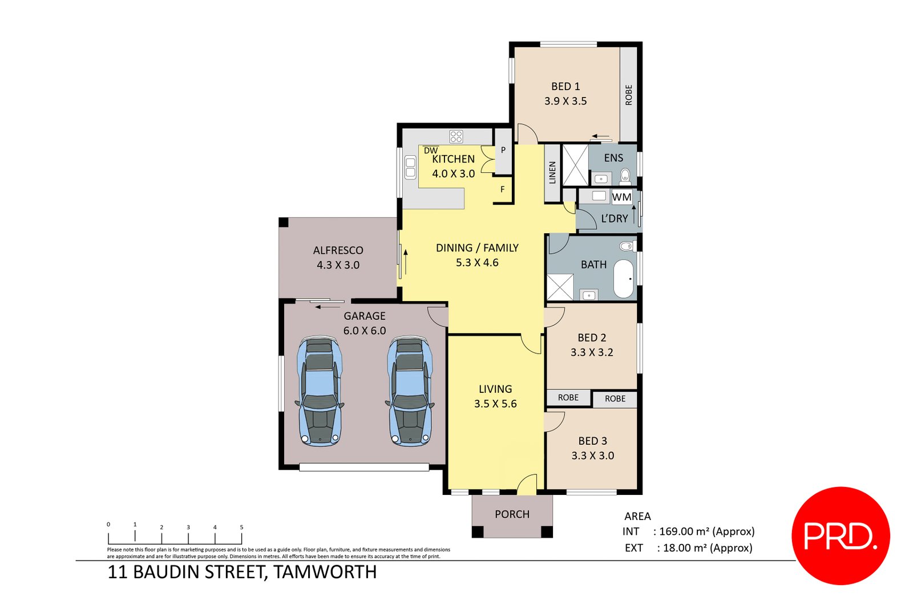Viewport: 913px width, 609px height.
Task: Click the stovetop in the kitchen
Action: click(x=456, y=136)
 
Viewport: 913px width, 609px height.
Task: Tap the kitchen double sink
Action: click(x=410, y=168)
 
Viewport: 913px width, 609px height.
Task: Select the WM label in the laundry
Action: click(x=621, y=197)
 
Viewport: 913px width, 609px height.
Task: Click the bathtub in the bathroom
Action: click(x=624, y=279)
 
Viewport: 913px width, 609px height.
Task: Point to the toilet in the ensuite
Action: click(x=625, y=174)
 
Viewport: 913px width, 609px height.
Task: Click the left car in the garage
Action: click(x=320, y=392)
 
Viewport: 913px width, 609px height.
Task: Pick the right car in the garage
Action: click(x=409, y=392)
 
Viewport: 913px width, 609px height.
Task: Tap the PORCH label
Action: click(x=512, y=514)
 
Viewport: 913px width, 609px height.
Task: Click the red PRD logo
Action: click(x=841, y=535)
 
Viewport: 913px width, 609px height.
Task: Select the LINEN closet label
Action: click(x=552, y=172)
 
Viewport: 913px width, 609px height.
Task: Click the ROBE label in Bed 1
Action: click(x=628, y=95)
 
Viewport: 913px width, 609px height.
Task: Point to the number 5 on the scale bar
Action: click(x=241, y=527)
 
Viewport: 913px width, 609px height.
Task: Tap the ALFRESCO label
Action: click(x=338, y=250)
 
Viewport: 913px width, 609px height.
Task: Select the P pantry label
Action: click(x=503, y=151)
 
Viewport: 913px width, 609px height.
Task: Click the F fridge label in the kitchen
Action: click(x=503, y=189)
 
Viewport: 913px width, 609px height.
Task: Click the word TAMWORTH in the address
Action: click(x=325, y=572)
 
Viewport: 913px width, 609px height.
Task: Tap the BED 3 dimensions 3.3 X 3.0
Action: click(x=592, y=456)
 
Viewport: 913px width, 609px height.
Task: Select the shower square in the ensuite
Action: click(x=575, y=165)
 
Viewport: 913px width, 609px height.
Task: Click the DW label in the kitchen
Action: click(x=431, y=151)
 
